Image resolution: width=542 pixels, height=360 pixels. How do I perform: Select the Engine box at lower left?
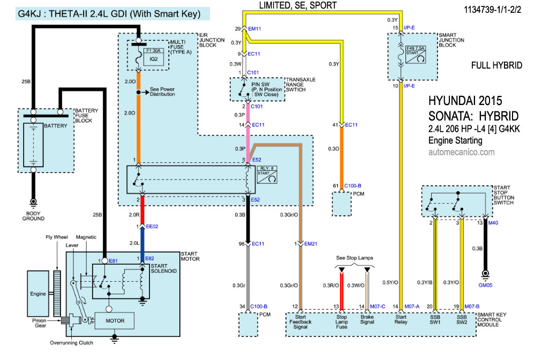pos(38,294)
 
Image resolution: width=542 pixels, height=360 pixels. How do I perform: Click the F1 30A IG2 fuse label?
pos(148,56)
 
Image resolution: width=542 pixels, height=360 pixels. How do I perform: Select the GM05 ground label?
pos(485,286)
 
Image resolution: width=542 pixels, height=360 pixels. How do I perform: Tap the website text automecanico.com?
pos(462,152)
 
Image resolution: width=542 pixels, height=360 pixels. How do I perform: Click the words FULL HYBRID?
pos(496,65)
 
